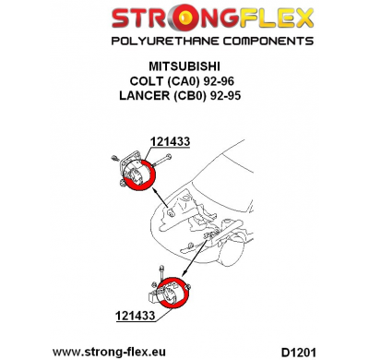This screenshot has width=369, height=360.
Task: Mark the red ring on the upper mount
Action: click(146, 181)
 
